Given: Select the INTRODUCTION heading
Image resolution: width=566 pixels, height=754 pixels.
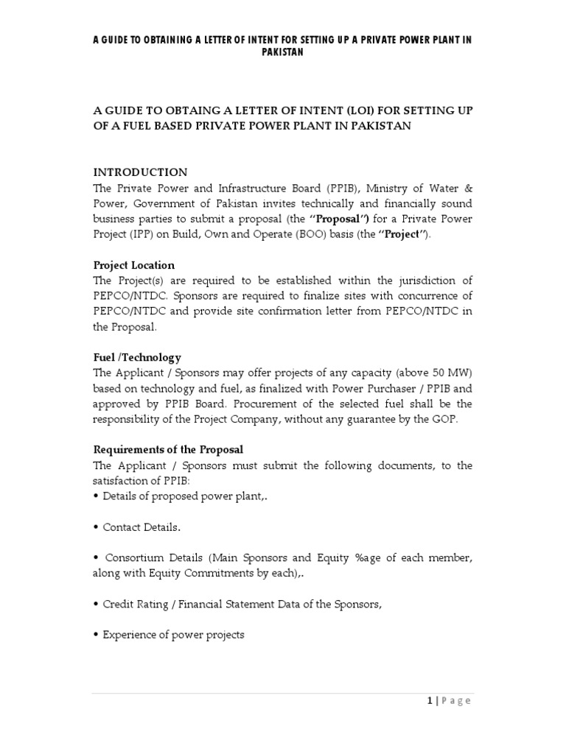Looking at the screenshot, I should pos(140,172).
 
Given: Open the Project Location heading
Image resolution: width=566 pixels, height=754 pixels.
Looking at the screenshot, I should pos(133,264).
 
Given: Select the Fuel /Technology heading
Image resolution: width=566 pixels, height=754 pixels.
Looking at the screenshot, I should pos(136,357).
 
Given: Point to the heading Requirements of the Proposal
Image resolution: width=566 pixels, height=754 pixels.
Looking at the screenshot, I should pos(168,449).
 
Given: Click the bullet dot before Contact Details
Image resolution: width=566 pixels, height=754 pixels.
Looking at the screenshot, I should pos(96,527).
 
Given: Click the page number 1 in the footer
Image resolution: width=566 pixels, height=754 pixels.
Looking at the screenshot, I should pos(428,700).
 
